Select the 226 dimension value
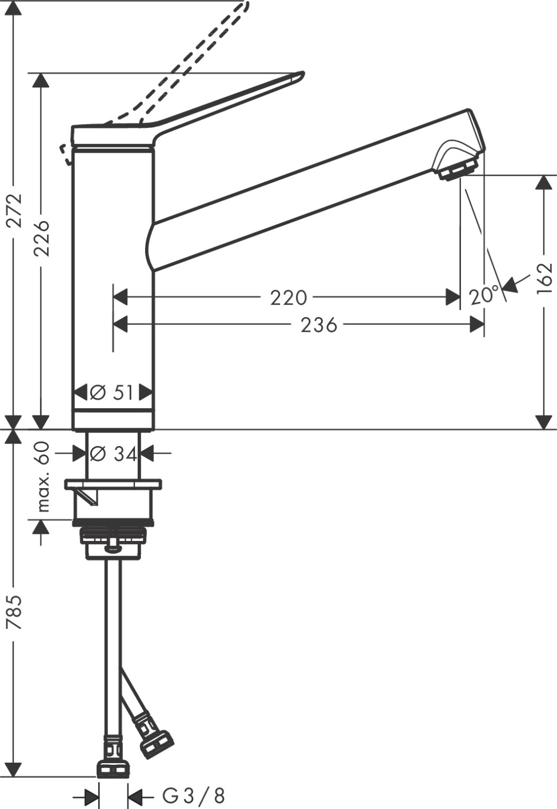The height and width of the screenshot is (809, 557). click(41, 238)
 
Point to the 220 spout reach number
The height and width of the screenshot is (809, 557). click(288, 297)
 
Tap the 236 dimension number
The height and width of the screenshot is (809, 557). click(318, 325)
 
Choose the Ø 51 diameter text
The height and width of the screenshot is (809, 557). click(112, 393)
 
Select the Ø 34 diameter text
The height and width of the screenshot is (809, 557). click(113, 454)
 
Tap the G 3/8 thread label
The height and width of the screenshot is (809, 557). click(193, 795)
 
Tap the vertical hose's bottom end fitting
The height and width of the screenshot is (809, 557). click(113, 768)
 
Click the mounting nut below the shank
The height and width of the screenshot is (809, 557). click(113, 539)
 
